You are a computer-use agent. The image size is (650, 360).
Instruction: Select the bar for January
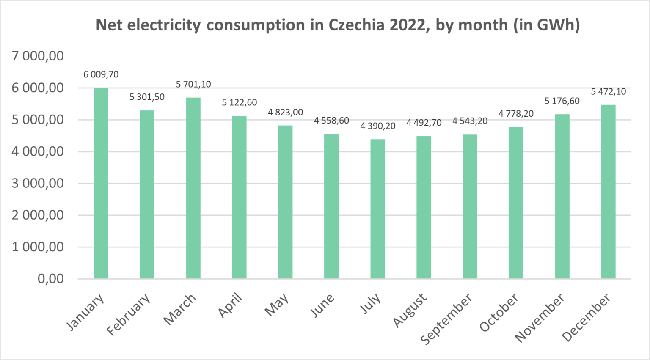pos(101,183)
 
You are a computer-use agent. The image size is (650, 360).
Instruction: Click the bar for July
pos(377,209)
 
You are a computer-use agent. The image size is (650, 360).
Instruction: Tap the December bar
pos(608,192)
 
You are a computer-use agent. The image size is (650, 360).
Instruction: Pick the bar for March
pos(193,188)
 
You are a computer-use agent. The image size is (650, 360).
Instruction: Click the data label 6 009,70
pos(101,75)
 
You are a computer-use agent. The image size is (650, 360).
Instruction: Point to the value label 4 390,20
pos(377,126)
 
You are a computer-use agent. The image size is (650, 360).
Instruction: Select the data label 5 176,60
pos(562,101)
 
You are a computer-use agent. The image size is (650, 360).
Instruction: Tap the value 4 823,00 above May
pos(285,113)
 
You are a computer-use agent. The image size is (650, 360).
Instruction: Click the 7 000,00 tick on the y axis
pos(38,56)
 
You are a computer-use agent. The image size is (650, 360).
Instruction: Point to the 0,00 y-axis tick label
pos(50,279)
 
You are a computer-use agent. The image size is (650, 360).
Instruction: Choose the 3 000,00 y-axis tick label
pos(38,183)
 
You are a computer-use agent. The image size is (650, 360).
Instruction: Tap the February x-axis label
pos(128,315)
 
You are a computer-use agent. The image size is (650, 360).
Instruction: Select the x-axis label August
pos(410,311)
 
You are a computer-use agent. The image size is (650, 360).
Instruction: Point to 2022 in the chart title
pos(407,25)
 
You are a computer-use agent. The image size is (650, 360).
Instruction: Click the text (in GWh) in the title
pos(546,25)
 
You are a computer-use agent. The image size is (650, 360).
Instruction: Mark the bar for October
pos(516,203)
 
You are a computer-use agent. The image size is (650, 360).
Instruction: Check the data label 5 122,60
pos(239,103)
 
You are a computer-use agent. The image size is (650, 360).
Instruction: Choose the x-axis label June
pos(322,305)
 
